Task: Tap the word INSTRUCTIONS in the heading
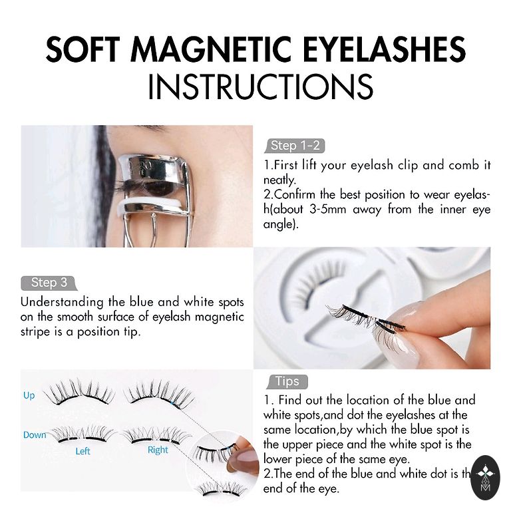(x=260, y=86)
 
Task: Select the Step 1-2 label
(x=295, y=146)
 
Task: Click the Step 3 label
(x=49, y=283)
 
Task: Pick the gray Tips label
(x=287, y=382)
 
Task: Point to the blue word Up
(x=29, y=396)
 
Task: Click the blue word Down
(x=35, y=434)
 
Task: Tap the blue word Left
(x=83, y=451)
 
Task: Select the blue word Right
(x=158, y=450)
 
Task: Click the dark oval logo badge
(x=485, y=478)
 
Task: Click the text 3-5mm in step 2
(x=327, y=209)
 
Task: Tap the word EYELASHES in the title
(x=385, y=49)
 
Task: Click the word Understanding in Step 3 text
(x=62, y=303)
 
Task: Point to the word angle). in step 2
(x=281, y=224)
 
